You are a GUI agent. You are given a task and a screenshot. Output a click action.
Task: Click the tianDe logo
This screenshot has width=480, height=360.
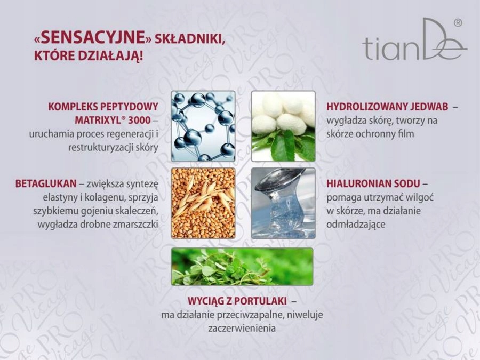414,40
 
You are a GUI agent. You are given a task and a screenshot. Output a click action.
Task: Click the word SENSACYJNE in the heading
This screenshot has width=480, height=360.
93,37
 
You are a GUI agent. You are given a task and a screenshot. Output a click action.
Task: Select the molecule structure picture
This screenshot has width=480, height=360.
203,126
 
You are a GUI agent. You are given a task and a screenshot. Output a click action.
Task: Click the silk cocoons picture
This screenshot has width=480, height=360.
284,126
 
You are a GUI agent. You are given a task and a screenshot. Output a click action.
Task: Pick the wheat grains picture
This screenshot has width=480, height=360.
203,203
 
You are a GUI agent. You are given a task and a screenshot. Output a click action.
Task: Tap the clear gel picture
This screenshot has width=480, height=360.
284,203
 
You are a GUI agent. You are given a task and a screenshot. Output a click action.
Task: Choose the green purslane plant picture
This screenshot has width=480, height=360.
242,267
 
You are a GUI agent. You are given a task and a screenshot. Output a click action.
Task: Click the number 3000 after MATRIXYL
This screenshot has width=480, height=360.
140,121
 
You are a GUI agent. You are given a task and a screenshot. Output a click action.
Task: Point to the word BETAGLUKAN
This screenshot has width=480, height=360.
46,183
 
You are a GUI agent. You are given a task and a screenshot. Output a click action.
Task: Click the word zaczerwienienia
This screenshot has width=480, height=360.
242,329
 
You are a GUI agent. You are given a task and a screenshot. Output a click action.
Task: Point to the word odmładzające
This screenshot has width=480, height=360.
356,225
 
